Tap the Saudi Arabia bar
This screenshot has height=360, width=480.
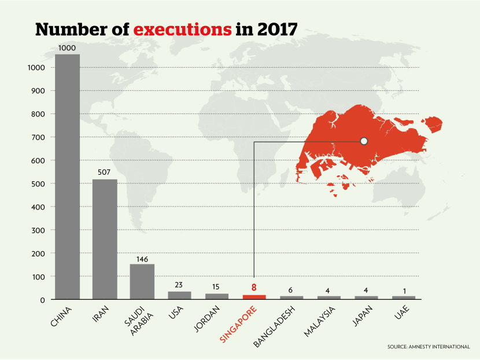point(142,281)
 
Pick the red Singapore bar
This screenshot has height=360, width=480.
point(254,297)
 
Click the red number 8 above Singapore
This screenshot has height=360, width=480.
point(254,286)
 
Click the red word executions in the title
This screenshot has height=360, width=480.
point(179,30)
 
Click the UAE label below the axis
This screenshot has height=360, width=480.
point(398,314)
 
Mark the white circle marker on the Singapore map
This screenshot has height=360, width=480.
point(364,141)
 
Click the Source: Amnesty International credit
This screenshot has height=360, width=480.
point(429,346)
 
